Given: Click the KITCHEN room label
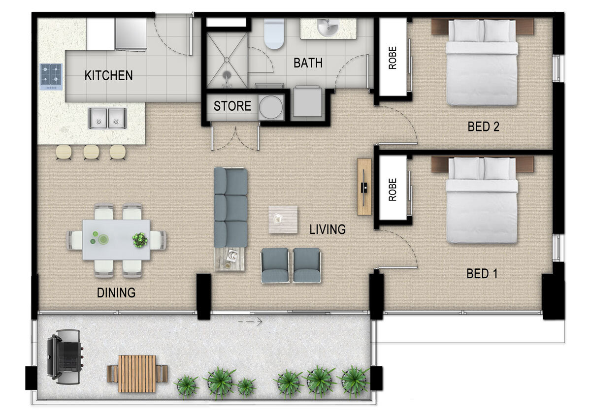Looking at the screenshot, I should coord(108,75).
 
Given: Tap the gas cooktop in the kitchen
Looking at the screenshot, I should coord(51,76).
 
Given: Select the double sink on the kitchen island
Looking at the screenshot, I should coord(107,118).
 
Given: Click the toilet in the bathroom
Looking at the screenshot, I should coord(273,33).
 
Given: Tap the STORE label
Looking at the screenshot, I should coord(232,106).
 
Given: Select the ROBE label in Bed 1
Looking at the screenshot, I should coord(393,189).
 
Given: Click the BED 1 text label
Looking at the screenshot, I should coord(483,273).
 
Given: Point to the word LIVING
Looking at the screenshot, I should coord(328,229).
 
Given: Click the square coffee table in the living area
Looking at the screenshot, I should coord(283,219).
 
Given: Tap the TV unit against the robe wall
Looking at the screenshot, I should coord(364,186).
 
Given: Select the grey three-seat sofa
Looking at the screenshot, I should coord(230,207).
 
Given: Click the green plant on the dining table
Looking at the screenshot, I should coord(140,240).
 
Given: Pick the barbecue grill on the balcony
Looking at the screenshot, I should coord(64,356).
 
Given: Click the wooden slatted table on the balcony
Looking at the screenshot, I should coord(137,373).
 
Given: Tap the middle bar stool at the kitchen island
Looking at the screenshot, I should coord(91,152).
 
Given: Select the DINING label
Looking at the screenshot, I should coord(116,293).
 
